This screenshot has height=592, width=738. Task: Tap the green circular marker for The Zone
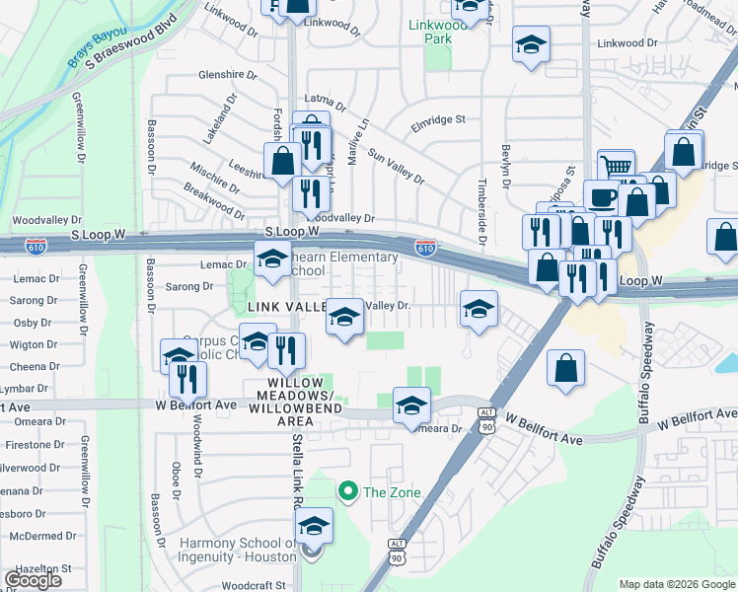(x=346, y=490)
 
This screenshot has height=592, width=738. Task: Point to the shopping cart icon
(x=617, y=168)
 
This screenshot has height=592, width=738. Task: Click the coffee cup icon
(x=602, y=196)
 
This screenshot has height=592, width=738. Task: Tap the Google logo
(x=34, y=580)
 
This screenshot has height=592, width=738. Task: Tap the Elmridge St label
(x=439, y=119)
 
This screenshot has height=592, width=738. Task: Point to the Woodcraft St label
(x=258, y=585)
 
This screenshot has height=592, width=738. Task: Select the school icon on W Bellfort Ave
(x=411, y=405)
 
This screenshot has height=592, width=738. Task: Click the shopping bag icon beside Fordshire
(x=282, y=161)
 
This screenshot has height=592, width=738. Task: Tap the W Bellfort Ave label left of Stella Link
(x=195, y=405)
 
